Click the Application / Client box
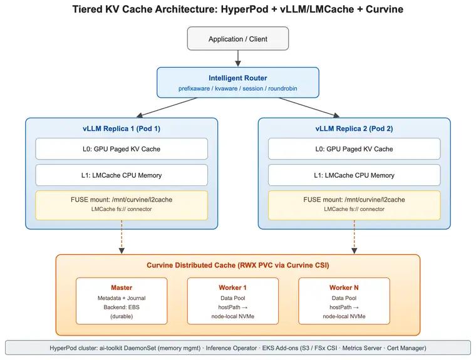[x=238, y=39]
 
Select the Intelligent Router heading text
[x=238, y=78]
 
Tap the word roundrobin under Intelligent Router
[x=282, y=89]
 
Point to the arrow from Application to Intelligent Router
[x=238, y=58]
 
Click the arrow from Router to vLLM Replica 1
[x=167, y=108]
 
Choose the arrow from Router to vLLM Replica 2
[x=309, y=108]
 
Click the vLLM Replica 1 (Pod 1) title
[x=122, y=129]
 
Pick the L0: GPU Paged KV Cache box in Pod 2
[x=354, y=149]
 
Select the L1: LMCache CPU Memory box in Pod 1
[x=122, y=175]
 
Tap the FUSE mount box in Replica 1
[x=122, y=205]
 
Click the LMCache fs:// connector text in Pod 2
[x=354, y=209]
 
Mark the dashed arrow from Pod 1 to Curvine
[x=122, y=237]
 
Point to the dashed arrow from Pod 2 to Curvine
[x=354, y=237]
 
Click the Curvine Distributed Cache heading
[x=238, y=265]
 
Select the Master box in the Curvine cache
[x=122, y=301]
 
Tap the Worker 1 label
[x=232, y=287]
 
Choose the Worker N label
[x=344, y=287]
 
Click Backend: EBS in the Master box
[x=122, y=307]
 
